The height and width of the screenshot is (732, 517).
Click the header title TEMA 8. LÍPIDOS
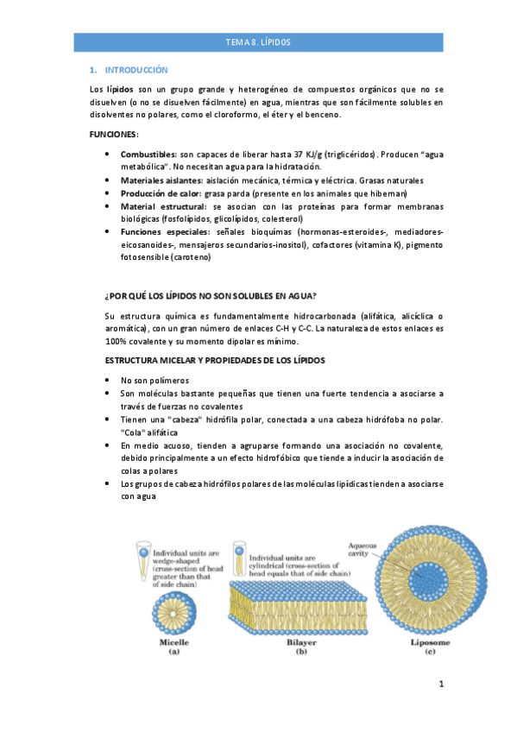(258, 41)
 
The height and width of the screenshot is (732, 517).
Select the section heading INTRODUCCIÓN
(136, 70)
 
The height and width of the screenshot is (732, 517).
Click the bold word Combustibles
(149, 154)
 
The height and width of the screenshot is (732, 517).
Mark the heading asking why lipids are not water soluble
(210, 296)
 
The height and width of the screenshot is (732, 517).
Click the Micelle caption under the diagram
(173, 643)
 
